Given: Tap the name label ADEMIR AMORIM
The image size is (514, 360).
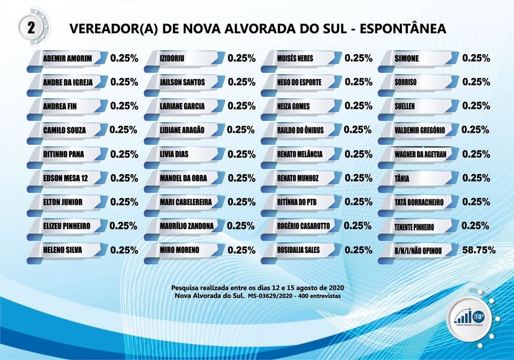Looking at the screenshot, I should click(67, 58).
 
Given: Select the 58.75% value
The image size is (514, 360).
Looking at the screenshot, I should click(479, 250).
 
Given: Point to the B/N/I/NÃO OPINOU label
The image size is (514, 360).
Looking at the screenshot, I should click(418, 250).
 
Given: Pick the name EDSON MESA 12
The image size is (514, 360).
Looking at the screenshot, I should click(65, 178).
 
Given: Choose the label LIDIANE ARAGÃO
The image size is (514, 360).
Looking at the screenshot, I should click(182, 130).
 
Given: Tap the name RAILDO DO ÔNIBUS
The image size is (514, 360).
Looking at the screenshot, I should click(300, 130).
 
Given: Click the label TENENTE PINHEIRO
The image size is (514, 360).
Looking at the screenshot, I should click(414, 227).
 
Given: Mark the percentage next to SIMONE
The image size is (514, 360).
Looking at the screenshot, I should click(476, 58).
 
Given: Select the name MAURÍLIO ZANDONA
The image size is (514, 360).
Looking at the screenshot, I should click(186, 226).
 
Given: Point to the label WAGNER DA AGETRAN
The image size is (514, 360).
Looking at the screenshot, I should click(420, 154).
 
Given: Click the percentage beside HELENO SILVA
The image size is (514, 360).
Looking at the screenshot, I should click(124, 250).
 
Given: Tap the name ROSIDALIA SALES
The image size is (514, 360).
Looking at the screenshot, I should click(298, 250).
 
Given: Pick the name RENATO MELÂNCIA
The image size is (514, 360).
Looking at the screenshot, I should click(300, 154).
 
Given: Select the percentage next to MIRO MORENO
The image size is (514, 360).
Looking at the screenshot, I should click(241, 250).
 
